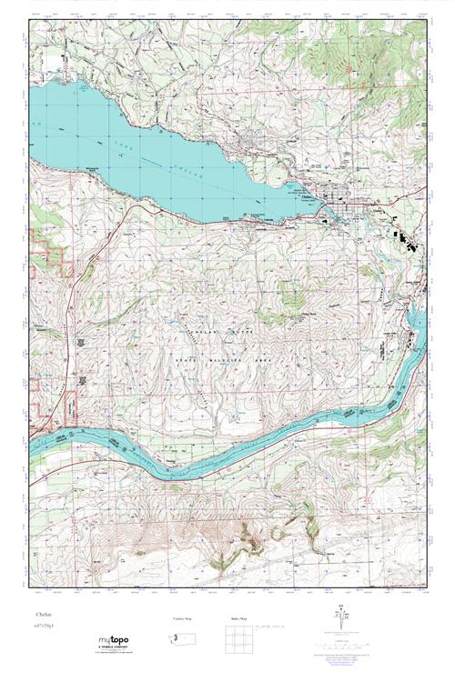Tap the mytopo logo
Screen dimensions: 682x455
coord(113,640)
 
